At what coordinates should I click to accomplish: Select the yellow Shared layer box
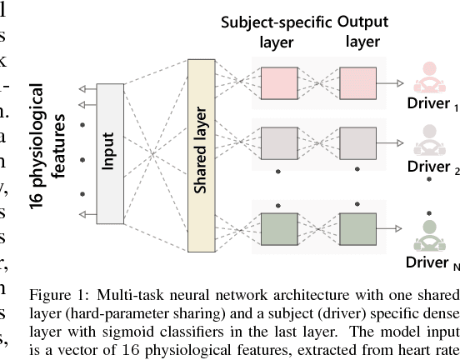coord(200,156)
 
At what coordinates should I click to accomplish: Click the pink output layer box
coord(358,82)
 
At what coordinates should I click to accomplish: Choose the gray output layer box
coord(358,143)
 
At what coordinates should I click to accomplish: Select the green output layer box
coord(358,228)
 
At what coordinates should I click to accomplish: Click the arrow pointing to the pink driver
coord(397,82)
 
